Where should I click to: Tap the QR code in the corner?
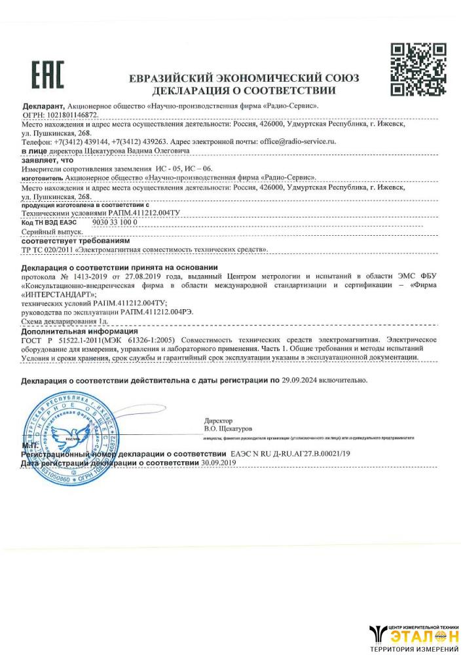pos(418,69)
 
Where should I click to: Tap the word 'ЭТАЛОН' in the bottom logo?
pos(418,635)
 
